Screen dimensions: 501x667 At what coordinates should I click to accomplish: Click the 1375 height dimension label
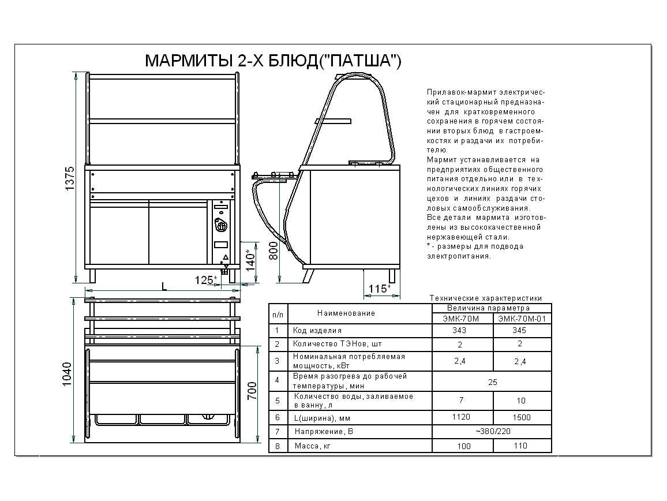[70, 179]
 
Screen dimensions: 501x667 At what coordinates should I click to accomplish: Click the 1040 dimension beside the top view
[67, 374]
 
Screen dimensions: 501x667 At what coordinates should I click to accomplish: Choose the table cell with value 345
[520, 331]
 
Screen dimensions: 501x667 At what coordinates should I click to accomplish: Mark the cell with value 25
[492, 382]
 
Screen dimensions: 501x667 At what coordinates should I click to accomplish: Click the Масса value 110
[520, 446]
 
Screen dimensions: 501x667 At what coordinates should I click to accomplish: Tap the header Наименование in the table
[346, 313]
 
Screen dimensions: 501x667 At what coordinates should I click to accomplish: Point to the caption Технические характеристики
[485, 298]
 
